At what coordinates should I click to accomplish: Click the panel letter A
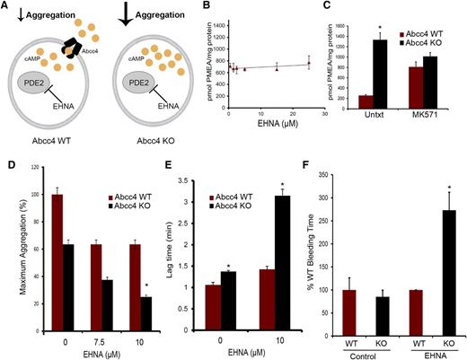pyautogui.click(x=7, y=7)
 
